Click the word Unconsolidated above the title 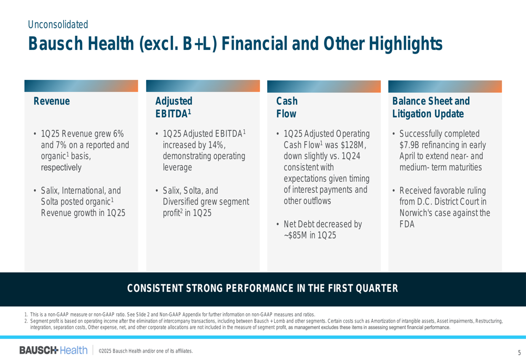(58, 25)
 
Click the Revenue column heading (52, 101)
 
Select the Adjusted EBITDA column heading (174, 107)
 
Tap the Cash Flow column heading (287, 107)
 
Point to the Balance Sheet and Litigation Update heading (431, 107)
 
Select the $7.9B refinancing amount (409, 145)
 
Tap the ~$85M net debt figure (295, 235)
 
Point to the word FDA (407, 224)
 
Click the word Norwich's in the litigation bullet (416, 213)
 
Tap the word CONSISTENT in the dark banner (155, 289)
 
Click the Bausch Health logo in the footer (53, 351)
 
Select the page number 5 (519, 352)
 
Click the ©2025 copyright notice (146, 351)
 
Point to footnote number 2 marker (26, 321)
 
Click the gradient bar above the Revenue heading (81, 86)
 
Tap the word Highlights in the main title (406, 44)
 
